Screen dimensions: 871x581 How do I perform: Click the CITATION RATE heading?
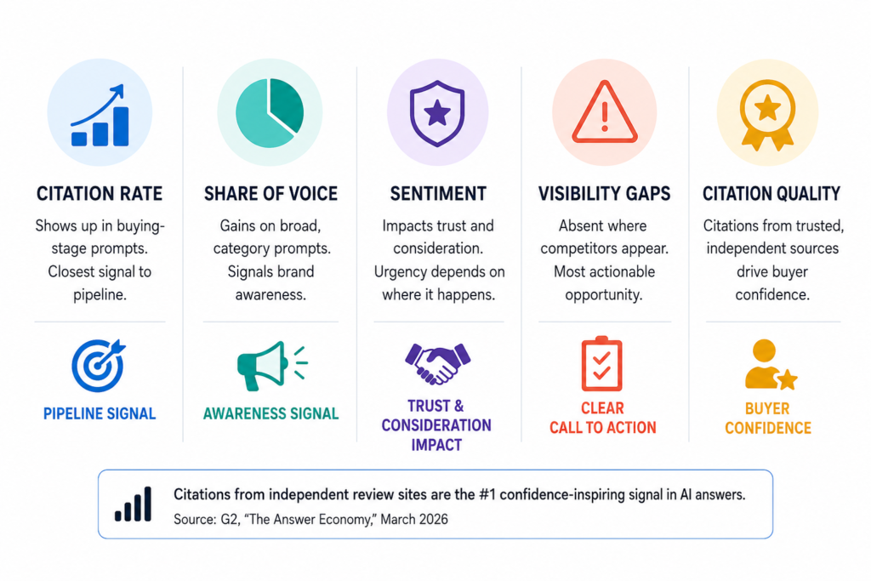[100, 194]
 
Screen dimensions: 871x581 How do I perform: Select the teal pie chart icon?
[270, 113]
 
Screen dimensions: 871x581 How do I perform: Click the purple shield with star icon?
[437, 113]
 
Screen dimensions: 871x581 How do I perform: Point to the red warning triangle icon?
[605, 112]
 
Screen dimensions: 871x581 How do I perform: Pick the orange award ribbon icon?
[768, 115]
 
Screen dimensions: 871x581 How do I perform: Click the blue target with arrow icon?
[99, 366]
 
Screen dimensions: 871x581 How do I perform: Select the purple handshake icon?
[438, 364]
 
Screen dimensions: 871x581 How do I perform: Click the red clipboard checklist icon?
[601, 364]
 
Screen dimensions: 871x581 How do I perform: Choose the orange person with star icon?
[771, 365]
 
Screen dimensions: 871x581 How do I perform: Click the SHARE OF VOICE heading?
[270, 194]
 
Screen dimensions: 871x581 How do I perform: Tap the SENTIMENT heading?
[438, 194]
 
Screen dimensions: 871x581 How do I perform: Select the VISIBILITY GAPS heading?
[605, 194]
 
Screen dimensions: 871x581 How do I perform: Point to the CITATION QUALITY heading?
[771, 194]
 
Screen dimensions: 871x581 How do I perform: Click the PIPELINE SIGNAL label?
[100, 413]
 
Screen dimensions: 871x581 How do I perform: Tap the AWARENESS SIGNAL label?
[270, 413]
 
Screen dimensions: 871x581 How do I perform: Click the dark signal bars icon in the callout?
[134, 504]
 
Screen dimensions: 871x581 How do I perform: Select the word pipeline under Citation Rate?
[100, 295]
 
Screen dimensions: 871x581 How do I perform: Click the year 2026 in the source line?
[433, 520]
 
